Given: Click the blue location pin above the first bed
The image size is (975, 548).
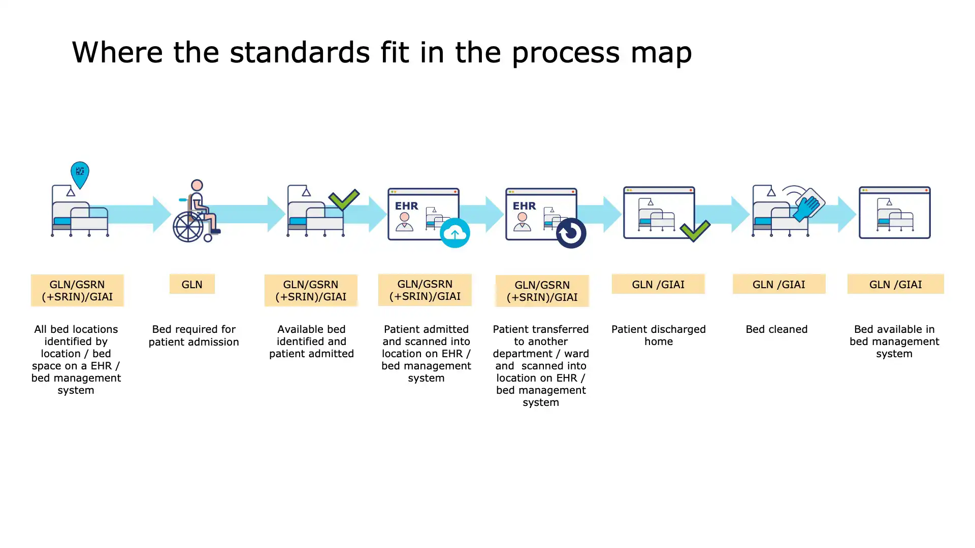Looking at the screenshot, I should tap(80, 174).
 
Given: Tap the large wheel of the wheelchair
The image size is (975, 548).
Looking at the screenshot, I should tap(188, 226).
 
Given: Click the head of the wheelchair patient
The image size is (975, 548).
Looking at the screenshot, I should tap(197, 185).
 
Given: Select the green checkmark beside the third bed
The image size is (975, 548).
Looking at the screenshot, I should tap(344, 199).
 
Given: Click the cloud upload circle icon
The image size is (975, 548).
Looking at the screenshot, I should tap(454, 233).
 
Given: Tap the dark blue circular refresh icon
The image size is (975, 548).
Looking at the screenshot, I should tap(571, 233).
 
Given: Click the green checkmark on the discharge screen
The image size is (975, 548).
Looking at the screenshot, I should tap(695, 231).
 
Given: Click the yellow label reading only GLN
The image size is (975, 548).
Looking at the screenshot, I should tap(192, 284).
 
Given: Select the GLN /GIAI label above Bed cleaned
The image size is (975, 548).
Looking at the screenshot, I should tap(778, 284).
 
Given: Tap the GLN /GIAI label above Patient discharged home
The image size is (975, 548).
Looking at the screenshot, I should tap(658, 284).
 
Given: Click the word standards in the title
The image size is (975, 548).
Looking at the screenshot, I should tap(300, 52).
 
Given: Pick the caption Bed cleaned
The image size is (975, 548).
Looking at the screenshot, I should tap(776, 329).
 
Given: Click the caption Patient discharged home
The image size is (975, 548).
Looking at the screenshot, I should tap(659, 335).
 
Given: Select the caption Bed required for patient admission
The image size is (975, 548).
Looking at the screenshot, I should tap(194, 335).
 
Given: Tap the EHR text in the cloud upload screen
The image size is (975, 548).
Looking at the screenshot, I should tap(407, 206).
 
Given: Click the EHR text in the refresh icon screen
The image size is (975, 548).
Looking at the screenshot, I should tap(524, 206).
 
